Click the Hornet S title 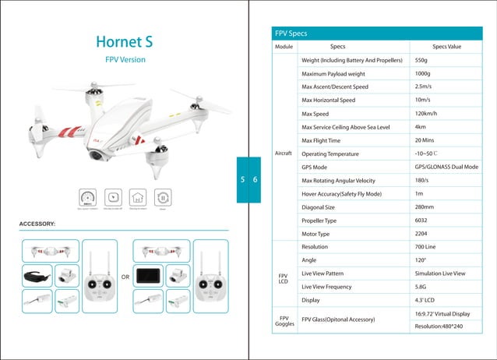pos(125,41)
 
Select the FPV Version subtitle pos(125,60)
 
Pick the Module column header pos(284,47)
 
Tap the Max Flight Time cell pos(321,140)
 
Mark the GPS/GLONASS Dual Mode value pos(446,167)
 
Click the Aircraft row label pos(284,153)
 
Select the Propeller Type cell pos(320,221)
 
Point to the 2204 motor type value pos(421,234)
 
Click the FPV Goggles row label pos(284,321)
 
